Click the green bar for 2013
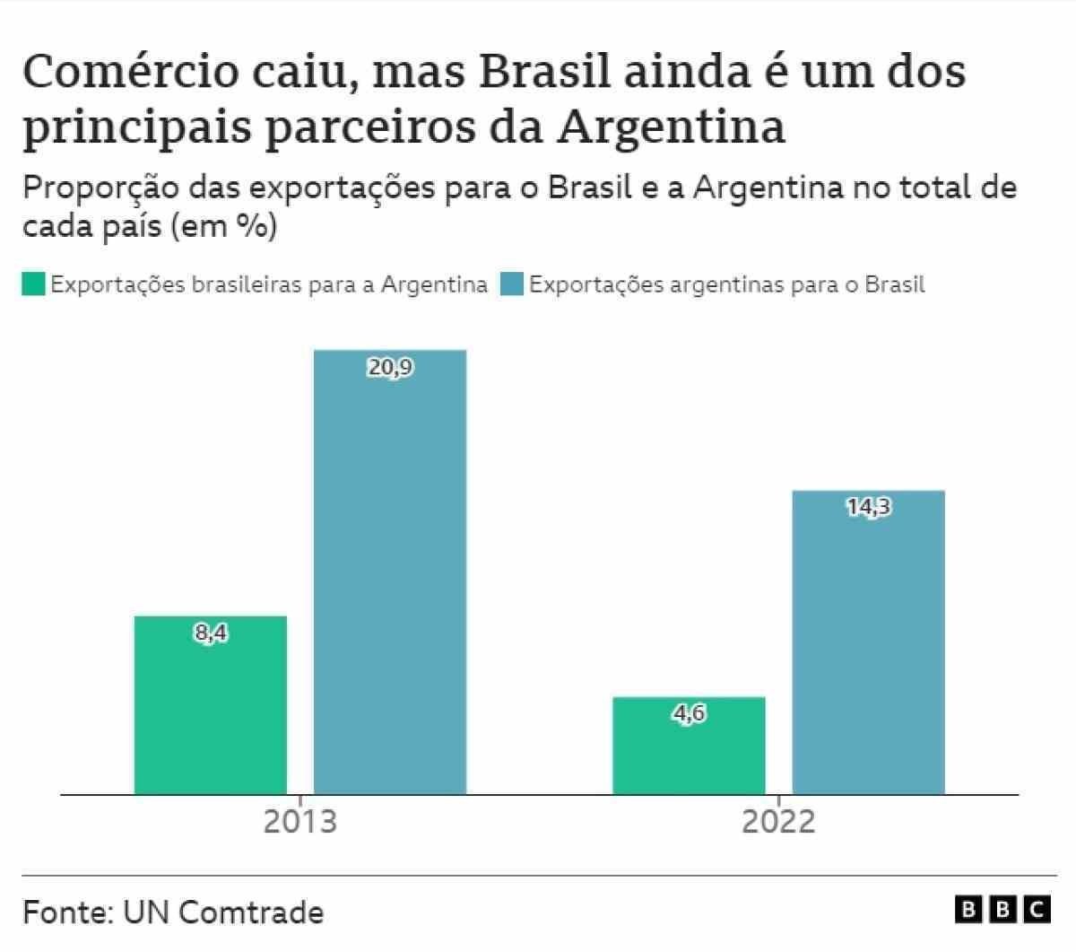(x=211, y=704)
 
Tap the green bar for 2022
(x=689, y=745)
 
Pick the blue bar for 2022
(x=868, y=642)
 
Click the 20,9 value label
(x=390, y=367)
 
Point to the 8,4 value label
(x=211, y=633)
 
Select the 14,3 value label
(x=868, y=507)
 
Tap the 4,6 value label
(x=689, y=714)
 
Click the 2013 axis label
(x=299, y=821)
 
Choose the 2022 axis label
(x=778, y=821)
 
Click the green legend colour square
(x=33, y=284)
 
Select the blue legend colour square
(x=511, y=284)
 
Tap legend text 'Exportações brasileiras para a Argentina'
(x=269, y=284)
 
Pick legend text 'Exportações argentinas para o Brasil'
(x=726, y=284)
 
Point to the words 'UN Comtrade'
(x=223, y=912)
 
